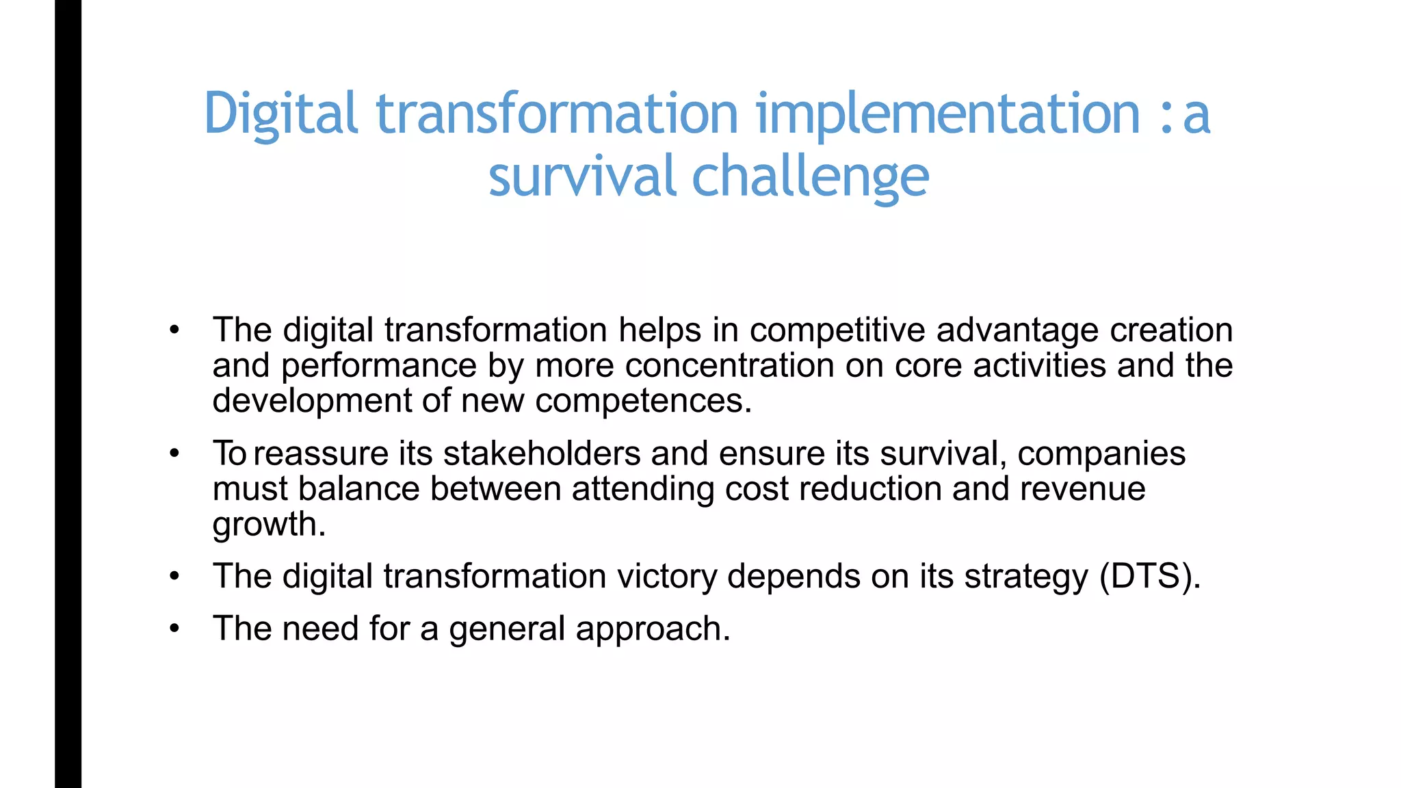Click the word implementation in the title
pos(947,114)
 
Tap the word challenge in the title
pos(810,176)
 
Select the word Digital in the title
pos(280,114)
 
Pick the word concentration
pos(729,365)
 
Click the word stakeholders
pos(541,454)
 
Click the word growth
pos(269,525)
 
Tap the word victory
pos(667,576)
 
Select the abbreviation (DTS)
pos(1149,576)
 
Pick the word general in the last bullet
pos(507,629)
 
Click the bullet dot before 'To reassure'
pos(174,454)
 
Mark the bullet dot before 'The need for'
pos(174,628)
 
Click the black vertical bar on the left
pos(68,394)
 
